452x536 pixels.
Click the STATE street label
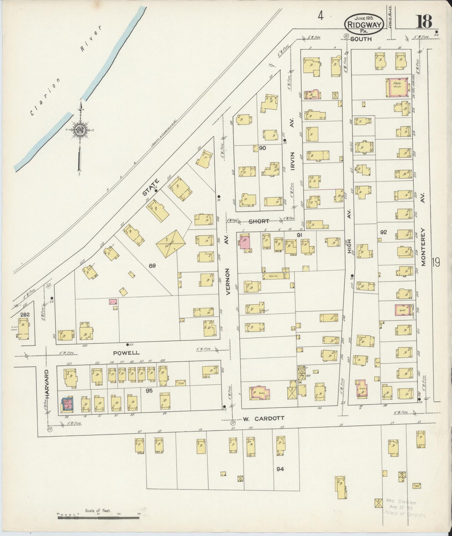point(151,187)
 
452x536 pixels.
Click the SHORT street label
point(259,221)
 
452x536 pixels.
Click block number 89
point(152,266)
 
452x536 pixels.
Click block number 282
point(24,314)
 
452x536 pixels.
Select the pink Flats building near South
point(397,87)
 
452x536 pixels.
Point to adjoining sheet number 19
point(436,262)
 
